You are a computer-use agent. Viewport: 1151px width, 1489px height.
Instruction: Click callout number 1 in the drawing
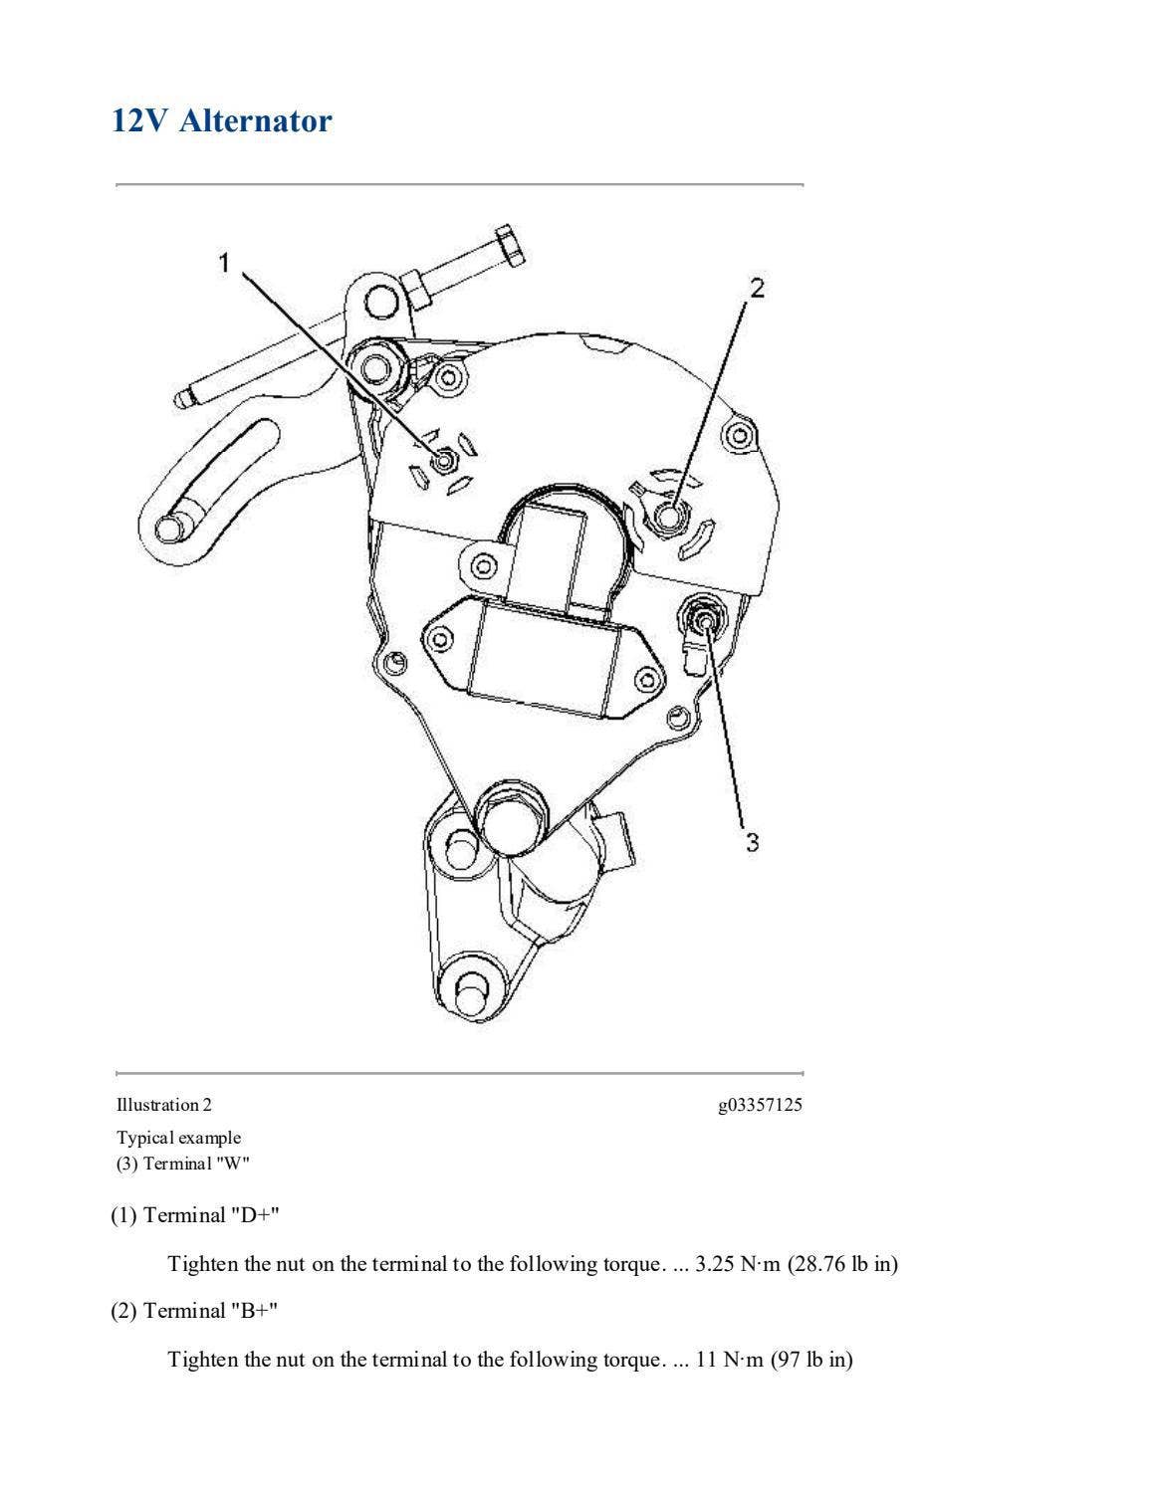click(225, 262)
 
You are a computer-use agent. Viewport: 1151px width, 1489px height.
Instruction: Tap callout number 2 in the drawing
click(757, 288)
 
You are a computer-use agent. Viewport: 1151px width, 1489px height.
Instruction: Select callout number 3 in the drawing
click(752, 842)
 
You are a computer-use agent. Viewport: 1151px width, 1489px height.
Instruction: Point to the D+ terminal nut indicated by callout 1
click(445, 460)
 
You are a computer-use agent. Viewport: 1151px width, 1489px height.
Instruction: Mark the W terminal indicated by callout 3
click(704, 623)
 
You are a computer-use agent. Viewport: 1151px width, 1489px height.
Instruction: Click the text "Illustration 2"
click(164, 1104)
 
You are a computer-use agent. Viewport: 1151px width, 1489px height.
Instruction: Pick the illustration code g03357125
click(760, 1104)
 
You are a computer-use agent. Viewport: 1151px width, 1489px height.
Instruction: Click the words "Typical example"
click(179, 1137)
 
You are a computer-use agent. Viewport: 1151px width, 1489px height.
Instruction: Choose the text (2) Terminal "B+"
click(195, 1310)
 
